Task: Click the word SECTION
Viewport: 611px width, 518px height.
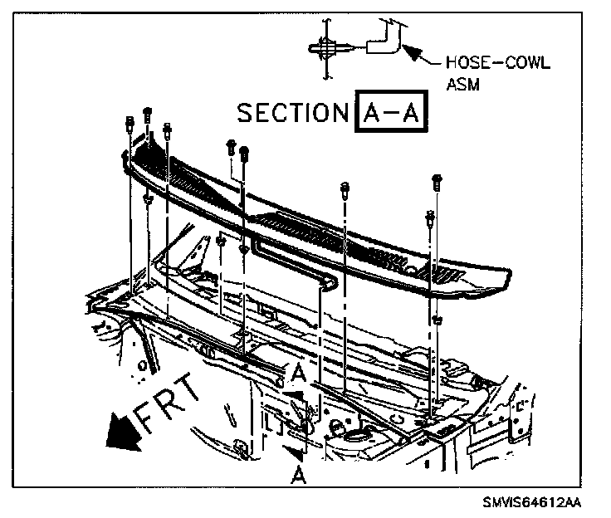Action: pos(291,112)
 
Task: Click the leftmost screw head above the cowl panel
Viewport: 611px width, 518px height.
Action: pos(130,123)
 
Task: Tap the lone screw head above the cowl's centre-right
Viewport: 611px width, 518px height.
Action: pos(344,188)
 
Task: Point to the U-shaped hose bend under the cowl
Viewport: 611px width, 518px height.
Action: pos(328,282)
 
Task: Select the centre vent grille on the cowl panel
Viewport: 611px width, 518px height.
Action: pos(299,225)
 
